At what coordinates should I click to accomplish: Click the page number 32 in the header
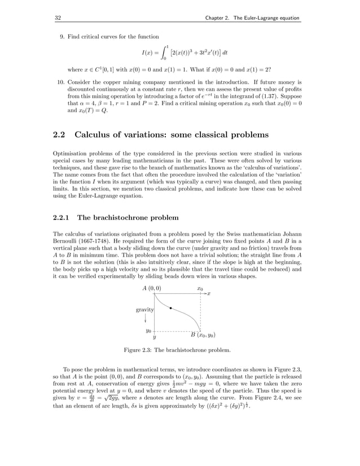[x=57, y=19]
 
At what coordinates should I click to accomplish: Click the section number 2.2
[x=60, y=134]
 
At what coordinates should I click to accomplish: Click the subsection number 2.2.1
[x=62, y=217]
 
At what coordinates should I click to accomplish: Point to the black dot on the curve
[x=170, y=308]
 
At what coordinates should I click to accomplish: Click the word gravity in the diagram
[x=145, y=310]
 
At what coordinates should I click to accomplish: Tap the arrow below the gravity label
[x=145, y=319]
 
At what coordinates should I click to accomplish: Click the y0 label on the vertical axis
[x=148, y=331]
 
